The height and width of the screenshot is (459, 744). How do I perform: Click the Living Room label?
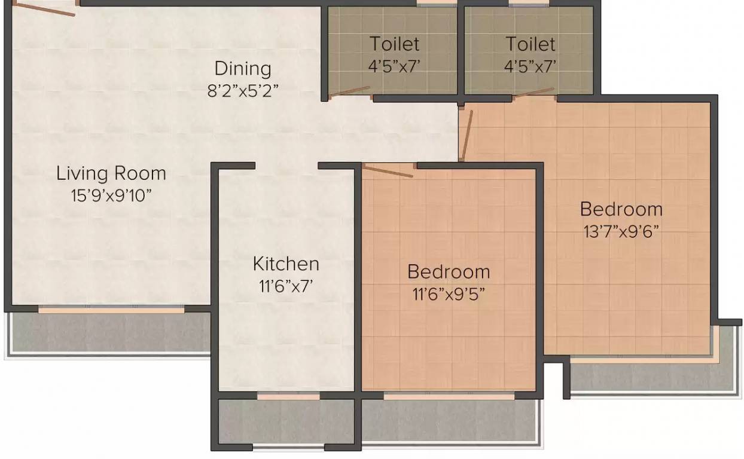click(x=111, y=173)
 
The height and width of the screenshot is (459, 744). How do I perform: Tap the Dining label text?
click(x=243, y=69)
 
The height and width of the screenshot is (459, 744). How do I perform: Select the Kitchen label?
click(x=286, y=264)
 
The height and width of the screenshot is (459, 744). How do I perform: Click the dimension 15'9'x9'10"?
click(x=111, y=195)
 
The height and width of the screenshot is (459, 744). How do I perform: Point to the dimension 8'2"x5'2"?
click(x=243, y=91)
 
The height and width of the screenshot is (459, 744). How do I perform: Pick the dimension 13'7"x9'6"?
click(x=621, y=231)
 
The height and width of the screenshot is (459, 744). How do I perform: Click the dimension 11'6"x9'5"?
click(x=449, y=293)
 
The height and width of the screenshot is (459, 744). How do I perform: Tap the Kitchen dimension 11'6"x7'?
click(x=286, y=286)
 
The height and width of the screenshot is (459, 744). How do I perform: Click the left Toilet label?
click(x=394, y=44)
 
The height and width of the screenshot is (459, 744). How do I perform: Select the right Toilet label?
click(x=530, y=44)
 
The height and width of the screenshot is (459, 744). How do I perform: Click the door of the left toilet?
click(x=349, y=91)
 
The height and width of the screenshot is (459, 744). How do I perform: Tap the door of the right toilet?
click(x=533, y=93)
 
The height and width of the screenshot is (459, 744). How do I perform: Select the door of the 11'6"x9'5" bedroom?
click(x=388, y=171)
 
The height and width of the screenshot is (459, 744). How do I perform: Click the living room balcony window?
click(x=111, y=310)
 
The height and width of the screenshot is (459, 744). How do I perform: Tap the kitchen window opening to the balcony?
click(x=288, y=396)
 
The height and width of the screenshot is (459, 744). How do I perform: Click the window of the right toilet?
click(x=529, y=4)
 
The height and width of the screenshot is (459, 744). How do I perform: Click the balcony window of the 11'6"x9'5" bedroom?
click(x=449, y=396)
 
